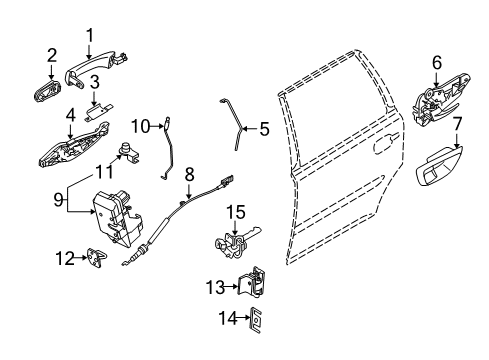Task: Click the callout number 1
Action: pyautogui.click(x=91, y=38)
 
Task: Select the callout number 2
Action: pyautogui.click(x=51, y=56)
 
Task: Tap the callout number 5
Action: pyautogui.click(x=264, y=128)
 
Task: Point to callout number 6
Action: pyautogui.click(x=436, y=63)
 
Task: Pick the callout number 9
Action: pyautogui.click(x=58, y=198)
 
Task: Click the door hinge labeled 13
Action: pyautogui.click(x=256, y=286)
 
